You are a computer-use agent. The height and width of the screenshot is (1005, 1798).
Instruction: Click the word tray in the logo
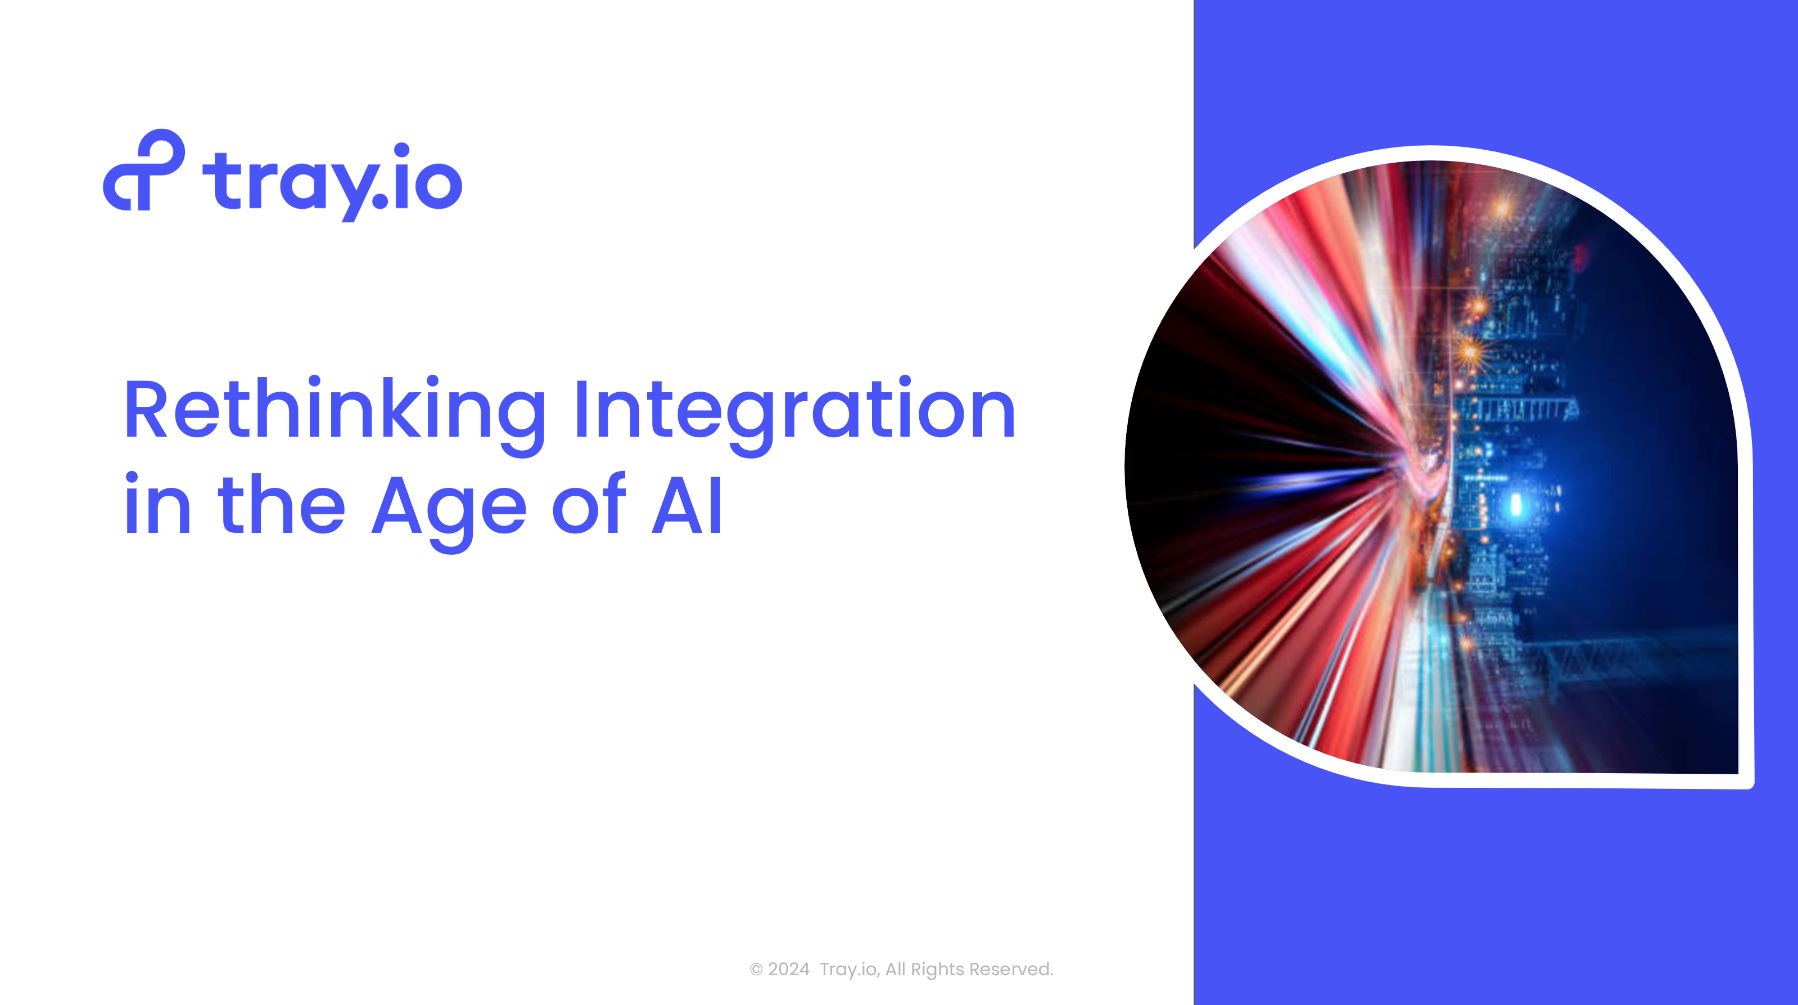tap(287, 183)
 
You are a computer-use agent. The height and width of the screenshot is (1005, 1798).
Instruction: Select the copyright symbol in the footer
tap(756, 970)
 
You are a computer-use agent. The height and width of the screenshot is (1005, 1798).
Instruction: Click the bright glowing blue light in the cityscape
tap(1515, 504)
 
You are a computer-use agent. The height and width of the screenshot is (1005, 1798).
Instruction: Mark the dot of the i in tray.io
tap(401, 151)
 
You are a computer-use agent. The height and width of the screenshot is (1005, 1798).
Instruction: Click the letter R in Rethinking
tap(146, 410)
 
